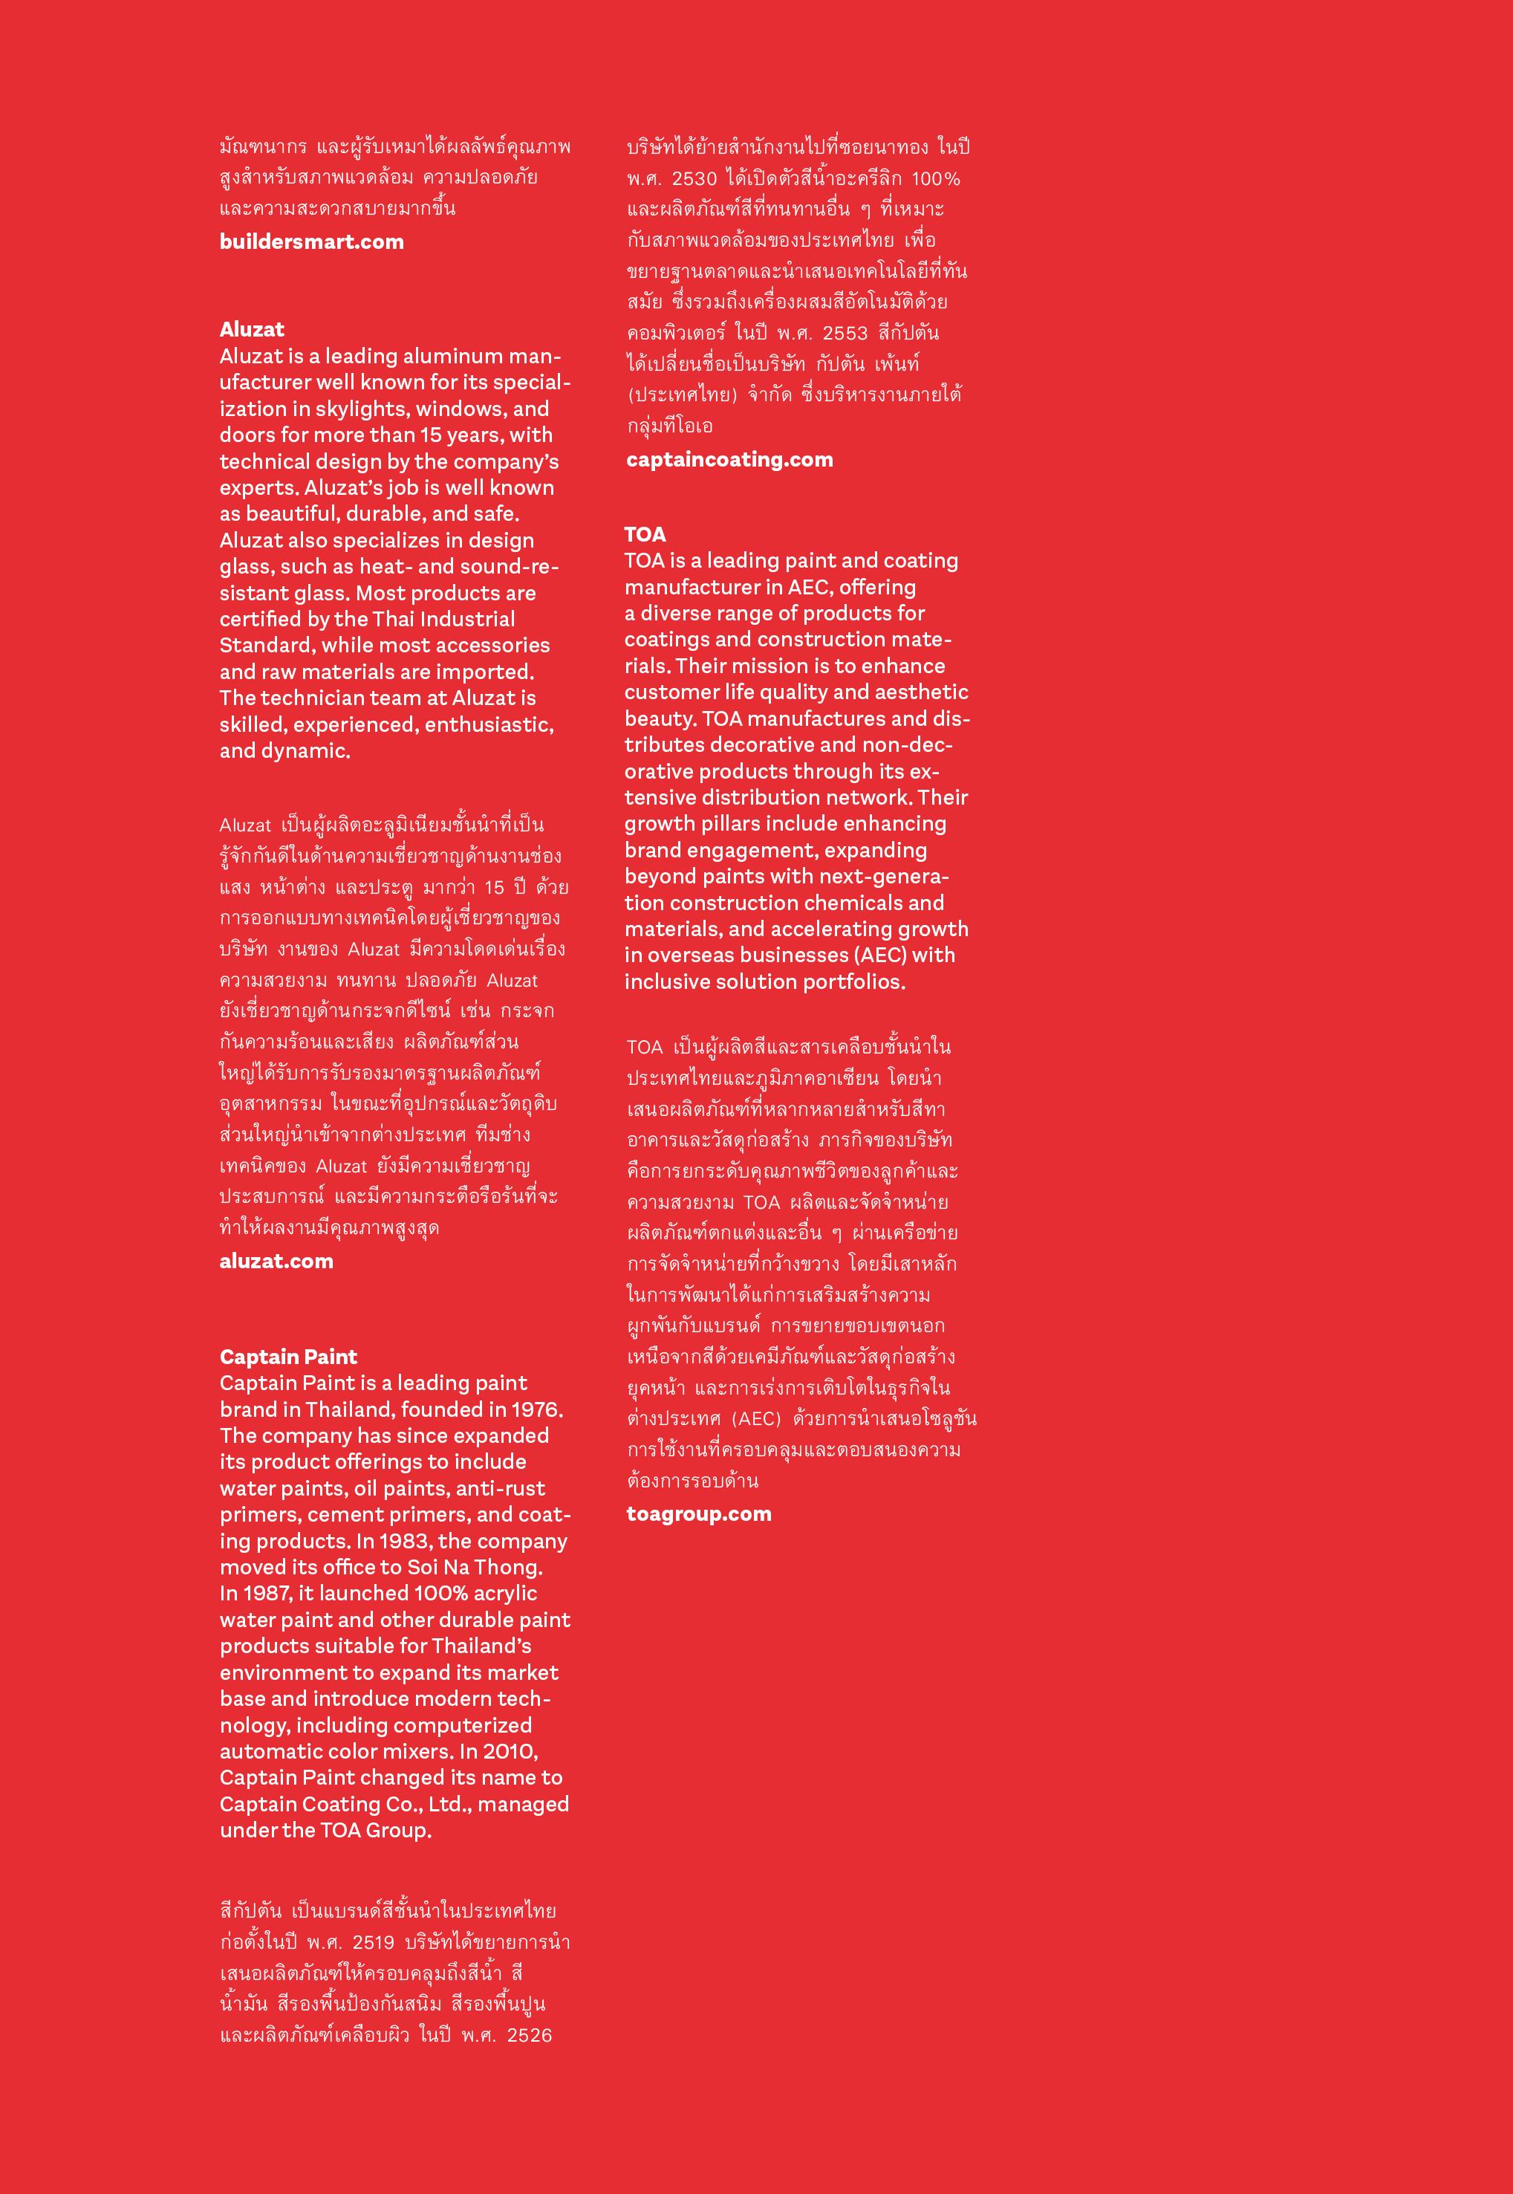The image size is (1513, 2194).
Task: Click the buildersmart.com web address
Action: point(311,241)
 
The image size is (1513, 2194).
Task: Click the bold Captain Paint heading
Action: point(288,1357)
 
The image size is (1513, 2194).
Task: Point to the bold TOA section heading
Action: point(645,533)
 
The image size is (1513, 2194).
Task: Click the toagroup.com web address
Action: point(699,1514)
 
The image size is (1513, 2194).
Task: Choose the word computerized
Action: point(462,1726)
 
